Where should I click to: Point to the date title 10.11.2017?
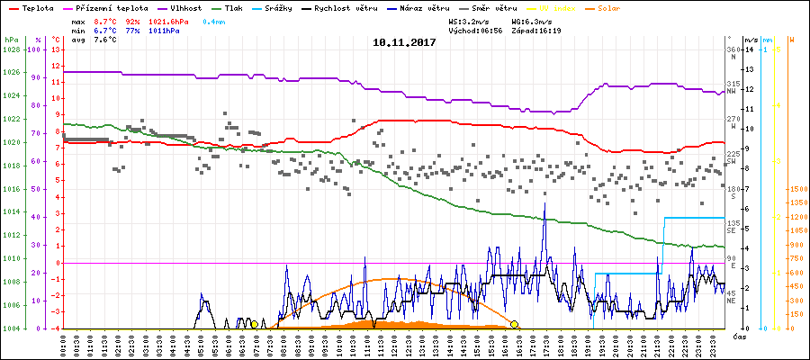coord(405,41)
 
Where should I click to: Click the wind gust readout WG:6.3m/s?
coord(531,20)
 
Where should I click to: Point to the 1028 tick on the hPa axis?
coord(11,49)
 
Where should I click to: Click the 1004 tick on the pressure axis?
coord(11,328)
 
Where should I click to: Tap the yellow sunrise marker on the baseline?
coord(255,324)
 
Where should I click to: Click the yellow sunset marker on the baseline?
coord(514,324)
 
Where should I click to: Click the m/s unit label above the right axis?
coord(751,40)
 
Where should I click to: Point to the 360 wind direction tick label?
coord(732,49)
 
